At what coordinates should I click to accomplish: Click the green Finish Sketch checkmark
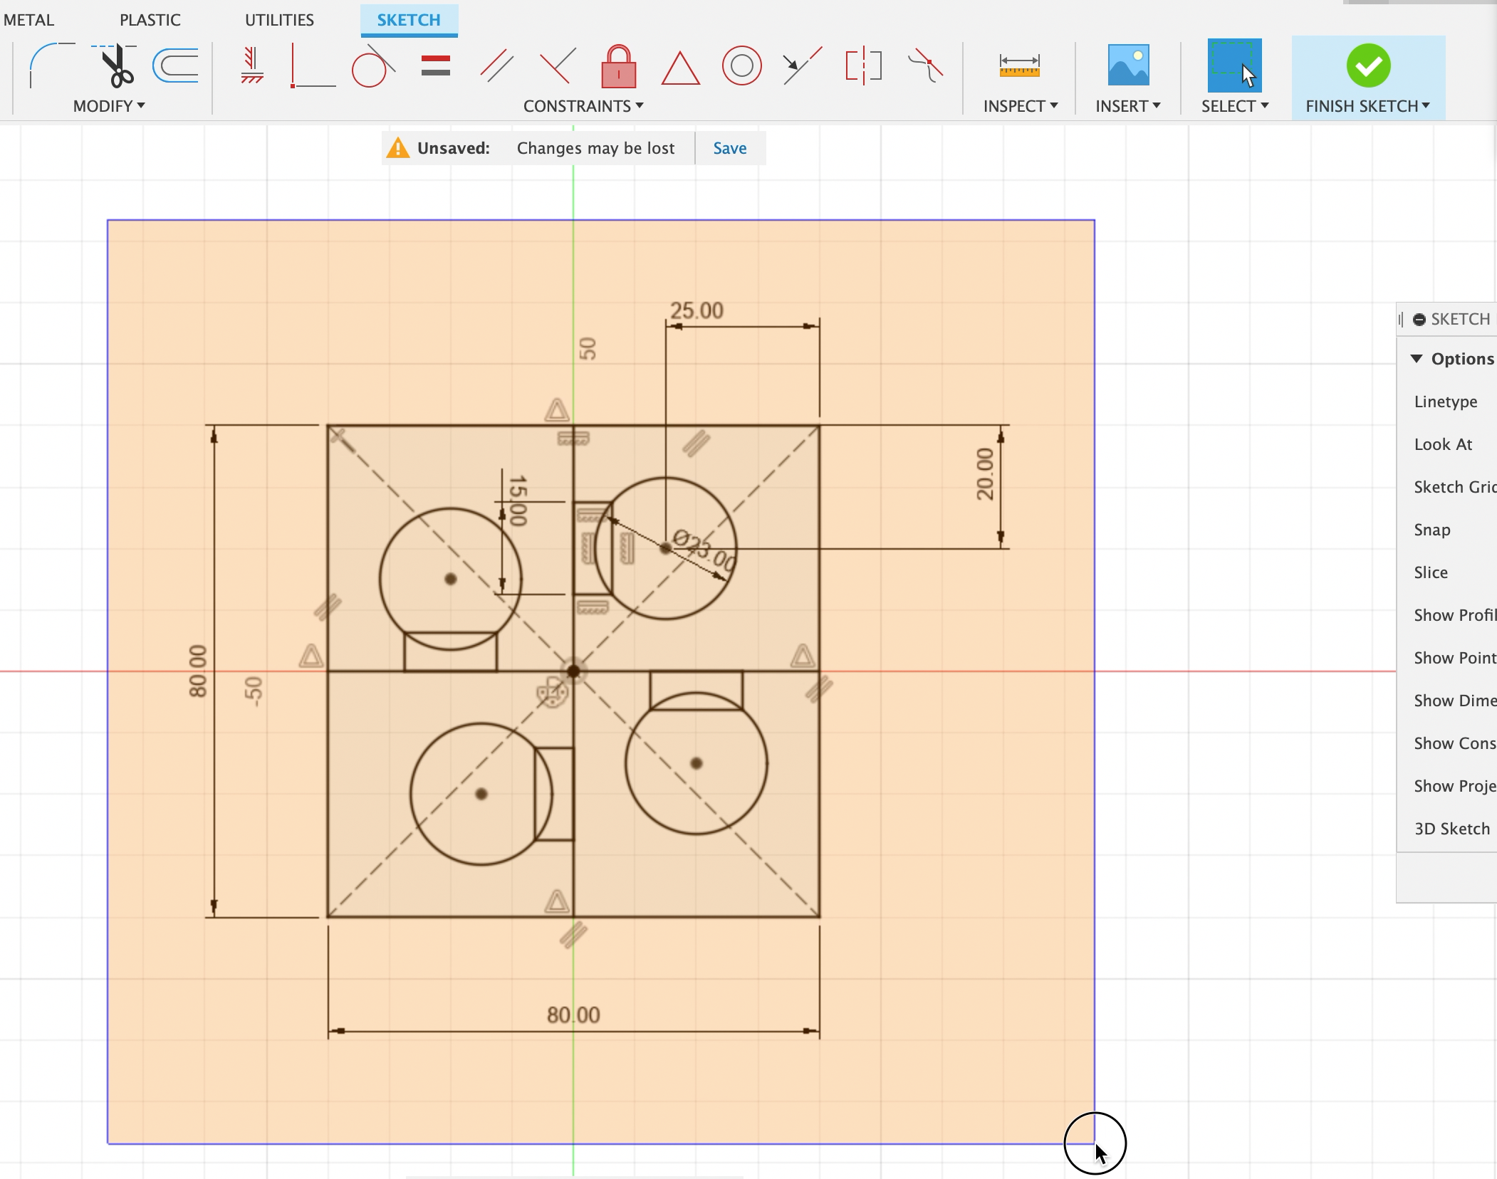click(1368, 66)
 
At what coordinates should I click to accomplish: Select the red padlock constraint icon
click(618, 67)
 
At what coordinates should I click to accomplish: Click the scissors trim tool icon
click(117, 66)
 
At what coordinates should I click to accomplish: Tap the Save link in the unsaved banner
click(729, 148)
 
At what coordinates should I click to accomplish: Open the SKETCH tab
click(408, 20)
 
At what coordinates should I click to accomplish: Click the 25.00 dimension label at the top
click(697, 310)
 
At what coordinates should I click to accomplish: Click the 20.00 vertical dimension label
click(985, 474)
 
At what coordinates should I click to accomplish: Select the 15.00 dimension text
click(518, 501)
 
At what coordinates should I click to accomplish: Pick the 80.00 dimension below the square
click(573, 1015)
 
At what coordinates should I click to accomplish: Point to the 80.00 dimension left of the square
click(197, 671)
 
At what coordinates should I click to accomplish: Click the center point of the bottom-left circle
click(481, 794)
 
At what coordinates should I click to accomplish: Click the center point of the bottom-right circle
click(697, 763)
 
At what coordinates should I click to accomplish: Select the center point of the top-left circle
click(450, 579)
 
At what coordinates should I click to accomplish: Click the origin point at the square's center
click(573, 671)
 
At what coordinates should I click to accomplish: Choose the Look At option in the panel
click(1443, 444)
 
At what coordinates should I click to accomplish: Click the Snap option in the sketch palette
click(1431, 530)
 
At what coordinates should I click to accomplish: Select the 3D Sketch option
click(1451, 829)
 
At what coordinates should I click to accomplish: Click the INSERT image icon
click(1128, 65)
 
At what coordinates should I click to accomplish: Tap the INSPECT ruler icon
click(1019, 66)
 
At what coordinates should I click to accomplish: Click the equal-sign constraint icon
click(435, 66)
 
